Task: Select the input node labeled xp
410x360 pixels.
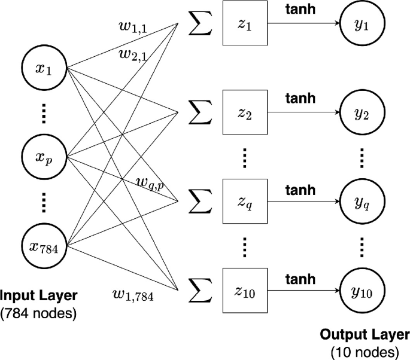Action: pos(44,157)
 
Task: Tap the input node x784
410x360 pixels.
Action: pos(44,245)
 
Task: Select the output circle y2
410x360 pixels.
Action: pos(362,112)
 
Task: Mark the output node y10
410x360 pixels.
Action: pos(362,291)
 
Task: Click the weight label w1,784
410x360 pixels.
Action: pos(133,294)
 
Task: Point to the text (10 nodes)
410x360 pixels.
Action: pos(365,350)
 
